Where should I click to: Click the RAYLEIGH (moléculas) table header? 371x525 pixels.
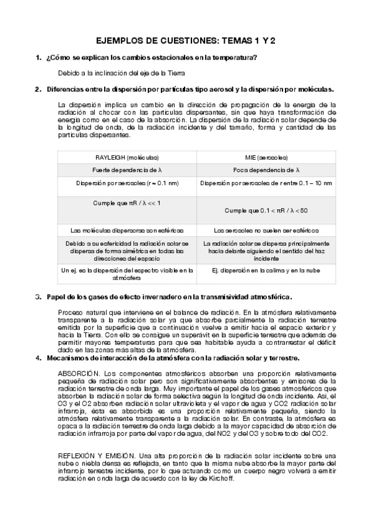click(x=127, y=157)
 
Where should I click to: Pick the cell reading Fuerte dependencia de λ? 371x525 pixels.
click(x=127, y=170)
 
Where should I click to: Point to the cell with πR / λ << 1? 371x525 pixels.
click(x=127, y=203)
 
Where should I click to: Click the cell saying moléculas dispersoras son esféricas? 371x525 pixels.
click(x=127, y=230)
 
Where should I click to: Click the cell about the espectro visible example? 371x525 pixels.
click(x=127, y=274)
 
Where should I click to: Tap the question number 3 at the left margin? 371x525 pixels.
click(x=38, y=297)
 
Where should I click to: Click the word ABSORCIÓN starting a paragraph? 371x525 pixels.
click(x=79, y=373)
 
